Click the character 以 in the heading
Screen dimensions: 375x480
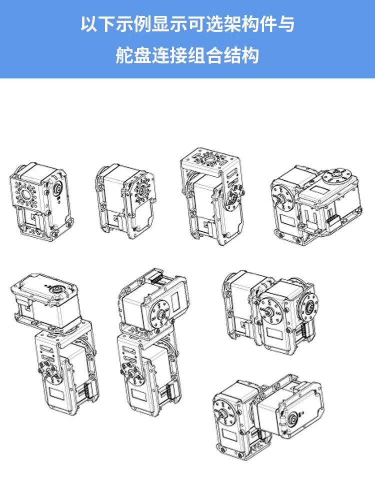coord(89,24)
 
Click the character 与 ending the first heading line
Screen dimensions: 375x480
coord(286,24)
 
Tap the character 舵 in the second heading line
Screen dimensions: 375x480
coord(124,55)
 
